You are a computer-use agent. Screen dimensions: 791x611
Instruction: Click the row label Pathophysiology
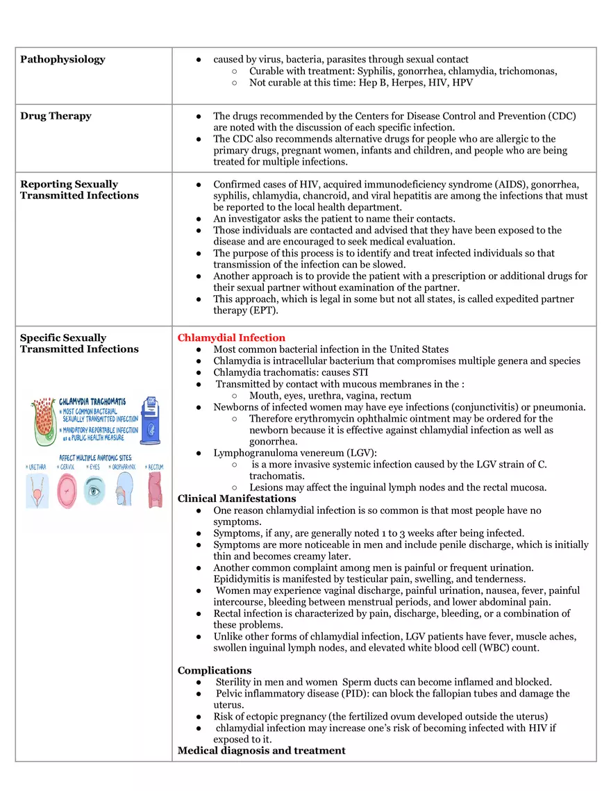[62, 60]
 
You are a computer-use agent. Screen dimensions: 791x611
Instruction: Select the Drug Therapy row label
[56, 116]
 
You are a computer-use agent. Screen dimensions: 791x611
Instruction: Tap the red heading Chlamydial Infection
[231, 338]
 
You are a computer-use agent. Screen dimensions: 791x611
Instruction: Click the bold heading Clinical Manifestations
[237, 499]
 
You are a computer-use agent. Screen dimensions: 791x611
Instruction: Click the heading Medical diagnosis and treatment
[261, 751]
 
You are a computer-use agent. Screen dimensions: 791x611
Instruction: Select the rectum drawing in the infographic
[155, 490]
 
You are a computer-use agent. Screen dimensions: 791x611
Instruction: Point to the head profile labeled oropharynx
[126, 490]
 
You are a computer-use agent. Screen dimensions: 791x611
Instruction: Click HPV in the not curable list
[462, 83]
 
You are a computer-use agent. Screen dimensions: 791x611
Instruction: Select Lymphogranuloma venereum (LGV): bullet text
[295, 453]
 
